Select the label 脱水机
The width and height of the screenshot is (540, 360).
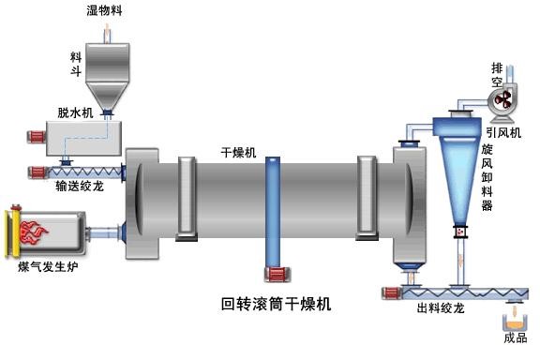[x=75, y=112]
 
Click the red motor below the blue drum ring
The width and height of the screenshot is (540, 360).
[x=276, y=275]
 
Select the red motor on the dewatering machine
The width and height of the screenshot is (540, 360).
[x=37, y=140]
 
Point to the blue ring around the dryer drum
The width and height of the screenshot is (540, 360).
[x=273, y=211]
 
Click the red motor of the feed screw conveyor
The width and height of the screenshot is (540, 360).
[x=38, y=172]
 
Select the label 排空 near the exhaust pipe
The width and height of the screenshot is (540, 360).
[x=498, y=75]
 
